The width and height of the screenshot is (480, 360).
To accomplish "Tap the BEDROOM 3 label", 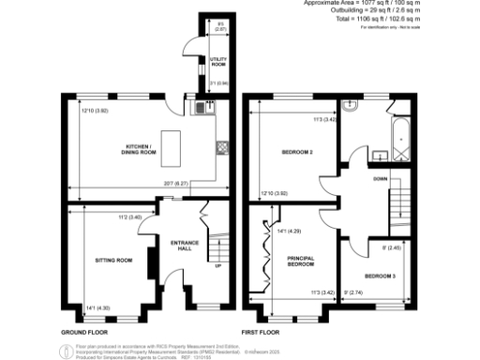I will (x=380, y=277).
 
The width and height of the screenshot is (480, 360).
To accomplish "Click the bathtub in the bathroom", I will (x=401, y=136).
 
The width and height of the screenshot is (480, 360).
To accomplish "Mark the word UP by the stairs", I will (x=218, y=266).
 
